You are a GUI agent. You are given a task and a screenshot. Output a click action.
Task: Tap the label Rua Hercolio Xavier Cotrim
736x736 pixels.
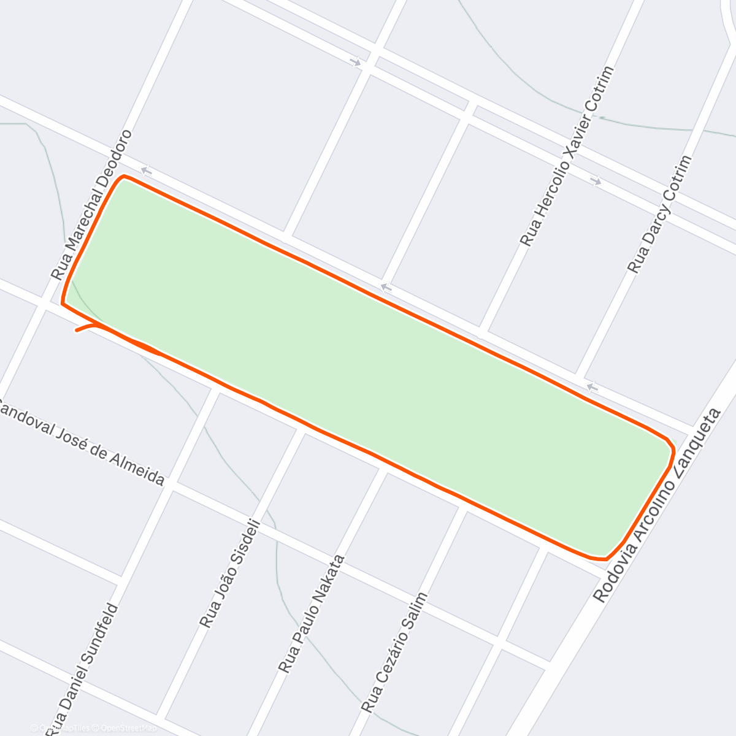pyautogui.click(x=567, y=156)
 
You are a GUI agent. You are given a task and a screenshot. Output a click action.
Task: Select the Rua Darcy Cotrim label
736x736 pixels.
pyautogui.click(x=660, y=214)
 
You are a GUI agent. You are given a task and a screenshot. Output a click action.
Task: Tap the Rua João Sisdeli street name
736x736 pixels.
pyautogui.click(x=231, y=574)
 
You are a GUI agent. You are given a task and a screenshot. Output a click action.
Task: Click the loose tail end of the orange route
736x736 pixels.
pyautogui.click(x=77, y=331)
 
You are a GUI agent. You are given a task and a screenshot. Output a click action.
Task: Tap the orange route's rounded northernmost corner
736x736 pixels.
pyautogui.click(x=124, y=177)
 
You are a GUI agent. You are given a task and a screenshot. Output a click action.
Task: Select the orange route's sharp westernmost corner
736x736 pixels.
pyautogui.click(x=63, y=302)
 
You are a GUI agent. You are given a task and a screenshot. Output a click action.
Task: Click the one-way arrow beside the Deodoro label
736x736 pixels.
pyautogui.click(x=146, y=171)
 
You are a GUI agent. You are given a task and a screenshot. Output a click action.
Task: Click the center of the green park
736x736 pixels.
pyautogui.click(x=368, y=368)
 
